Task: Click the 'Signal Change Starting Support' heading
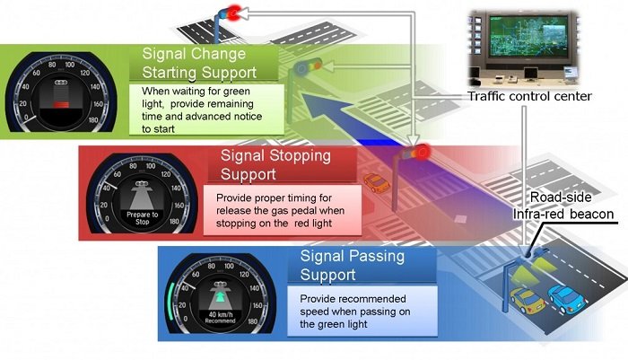click(199, 63)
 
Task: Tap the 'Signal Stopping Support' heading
click(275, 164)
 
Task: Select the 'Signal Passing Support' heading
click(353, 265)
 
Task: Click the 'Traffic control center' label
click(529, 96)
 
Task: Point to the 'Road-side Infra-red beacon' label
click(563, 206)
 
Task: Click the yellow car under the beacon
click(528, 300)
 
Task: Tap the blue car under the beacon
click(566, 299)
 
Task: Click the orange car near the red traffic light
click(376, 183)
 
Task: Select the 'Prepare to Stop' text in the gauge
click(142, 218)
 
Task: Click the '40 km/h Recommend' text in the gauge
click(220, 318)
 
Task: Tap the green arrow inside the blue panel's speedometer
click(220, 297)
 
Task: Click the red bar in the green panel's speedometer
click(61, 105)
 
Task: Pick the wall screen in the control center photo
click(528, 36)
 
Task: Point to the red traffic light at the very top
click(234, 13)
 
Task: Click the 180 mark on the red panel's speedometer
click(174, 221)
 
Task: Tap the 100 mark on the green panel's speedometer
click(70, 65)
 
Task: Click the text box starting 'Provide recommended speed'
click(362, 312)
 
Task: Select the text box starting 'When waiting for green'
click(206, 110)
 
